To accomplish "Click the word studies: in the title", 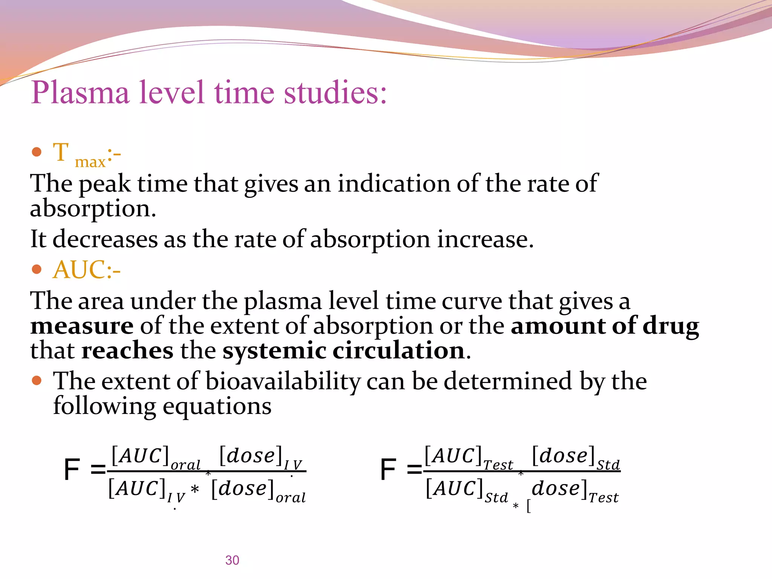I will click(x=335, y=93).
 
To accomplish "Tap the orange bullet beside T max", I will click(x=37, y=152).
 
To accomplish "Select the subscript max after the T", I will click(x=90, y=162).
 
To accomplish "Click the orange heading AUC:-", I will click(x=87, y=270).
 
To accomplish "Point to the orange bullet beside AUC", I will click(x=37, y=270).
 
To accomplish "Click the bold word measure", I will click(x=82, y=326).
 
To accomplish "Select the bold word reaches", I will click(x=127, y=351).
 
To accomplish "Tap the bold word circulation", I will click(x=399, y=351).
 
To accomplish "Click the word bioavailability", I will click(x=283, y=381).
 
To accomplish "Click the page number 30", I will click(x=232, y=560).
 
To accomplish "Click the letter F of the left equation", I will click(x=72, y=470).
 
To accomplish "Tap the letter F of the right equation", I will click(x=388, y=470).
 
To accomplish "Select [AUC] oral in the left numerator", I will click(x=155, y=457).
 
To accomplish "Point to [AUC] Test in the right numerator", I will click(x=468, y=457).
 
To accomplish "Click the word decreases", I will click(x=105, y=240).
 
